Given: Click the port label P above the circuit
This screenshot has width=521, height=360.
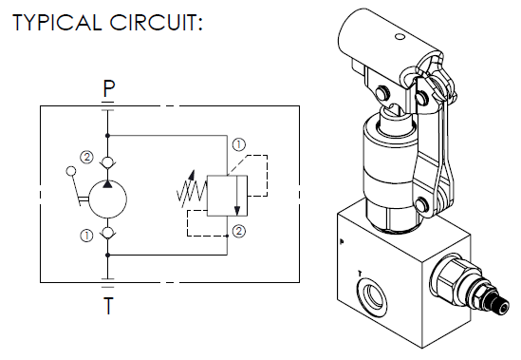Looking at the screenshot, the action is (x=108, y=89).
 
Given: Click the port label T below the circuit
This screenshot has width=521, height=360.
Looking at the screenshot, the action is (x=108, y=306).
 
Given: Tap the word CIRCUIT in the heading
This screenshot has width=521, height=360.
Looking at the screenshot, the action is (x=154, y=23).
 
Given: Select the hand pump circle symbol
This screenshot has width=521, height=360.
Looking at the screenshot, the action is (x=107, y=199).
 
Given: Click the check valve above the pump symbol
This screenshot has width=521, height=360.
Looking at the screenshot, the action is (x=107, y=162).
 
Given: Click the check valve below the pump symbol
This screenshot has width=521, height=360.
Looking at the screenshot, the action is (x=107, y=232).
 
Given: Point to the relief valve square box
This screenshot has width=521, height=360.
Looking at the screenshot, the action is (x=227, y=196).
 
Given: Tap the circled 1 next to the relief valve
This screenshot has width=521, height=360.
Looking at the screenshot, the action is (x=239, y=145).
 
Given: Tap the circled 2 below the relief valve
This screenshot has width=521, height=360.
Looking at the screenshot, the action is (x=239, y=231).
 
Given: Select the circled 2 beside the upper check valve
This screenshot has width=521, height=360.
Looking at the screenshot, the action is (x=86, y=157).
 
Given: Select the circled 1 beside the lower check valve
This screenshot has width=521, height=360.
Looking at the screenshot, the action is (x=86, y=236).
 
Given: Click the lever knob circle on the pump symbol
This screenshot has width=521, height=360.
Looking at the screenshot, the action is (x=71, y=171).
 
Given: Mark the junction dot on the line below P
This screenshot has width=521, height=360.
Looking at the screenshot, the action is (x=107, y=136).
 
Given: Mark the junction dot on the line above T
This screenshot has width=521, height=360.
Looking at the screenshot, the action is (x=107, y=256).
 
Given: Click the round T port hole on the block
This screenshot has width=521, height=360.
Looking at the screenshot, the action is (x=372, y=294).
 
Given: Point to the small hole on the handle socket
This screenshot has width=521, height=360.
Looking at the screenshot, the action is (x=400, y=37).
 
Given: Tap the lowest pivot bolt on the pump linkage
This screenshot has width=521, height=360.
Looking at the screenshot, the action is (x=422, y=203).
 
